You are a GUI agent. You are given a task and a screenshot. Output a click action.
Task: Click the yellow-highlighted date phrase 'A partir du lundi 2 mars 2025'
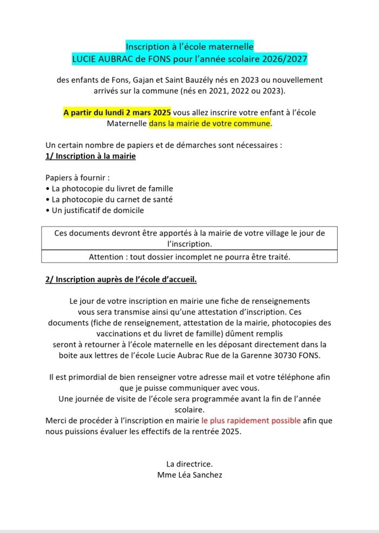click(117, 112)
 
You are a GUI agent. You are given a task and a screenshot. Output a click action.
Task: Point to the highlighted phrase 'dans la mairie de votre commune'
click(210, 123)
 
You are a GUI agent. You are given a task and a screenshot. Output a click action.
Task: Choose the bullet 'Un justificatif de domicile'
click(95, 210)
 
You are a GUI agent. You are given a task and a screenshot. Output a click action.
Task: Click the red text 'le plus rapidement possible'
click(251, 420)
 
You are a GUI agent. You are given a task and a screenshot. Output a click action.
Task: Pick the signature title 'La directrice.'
click(190, 464)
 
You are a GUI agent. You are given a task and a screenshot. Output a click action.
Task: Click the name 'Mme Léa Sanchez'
click(188, 475)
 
